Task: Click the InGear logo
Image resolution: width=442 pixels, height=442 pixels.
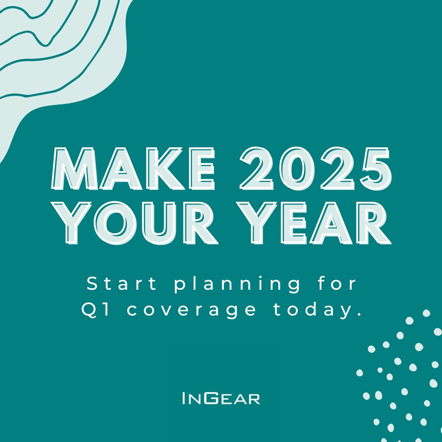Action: click(221, 398)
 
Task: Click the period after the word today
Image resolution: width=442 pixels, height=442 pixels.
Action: click(359, 314)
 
